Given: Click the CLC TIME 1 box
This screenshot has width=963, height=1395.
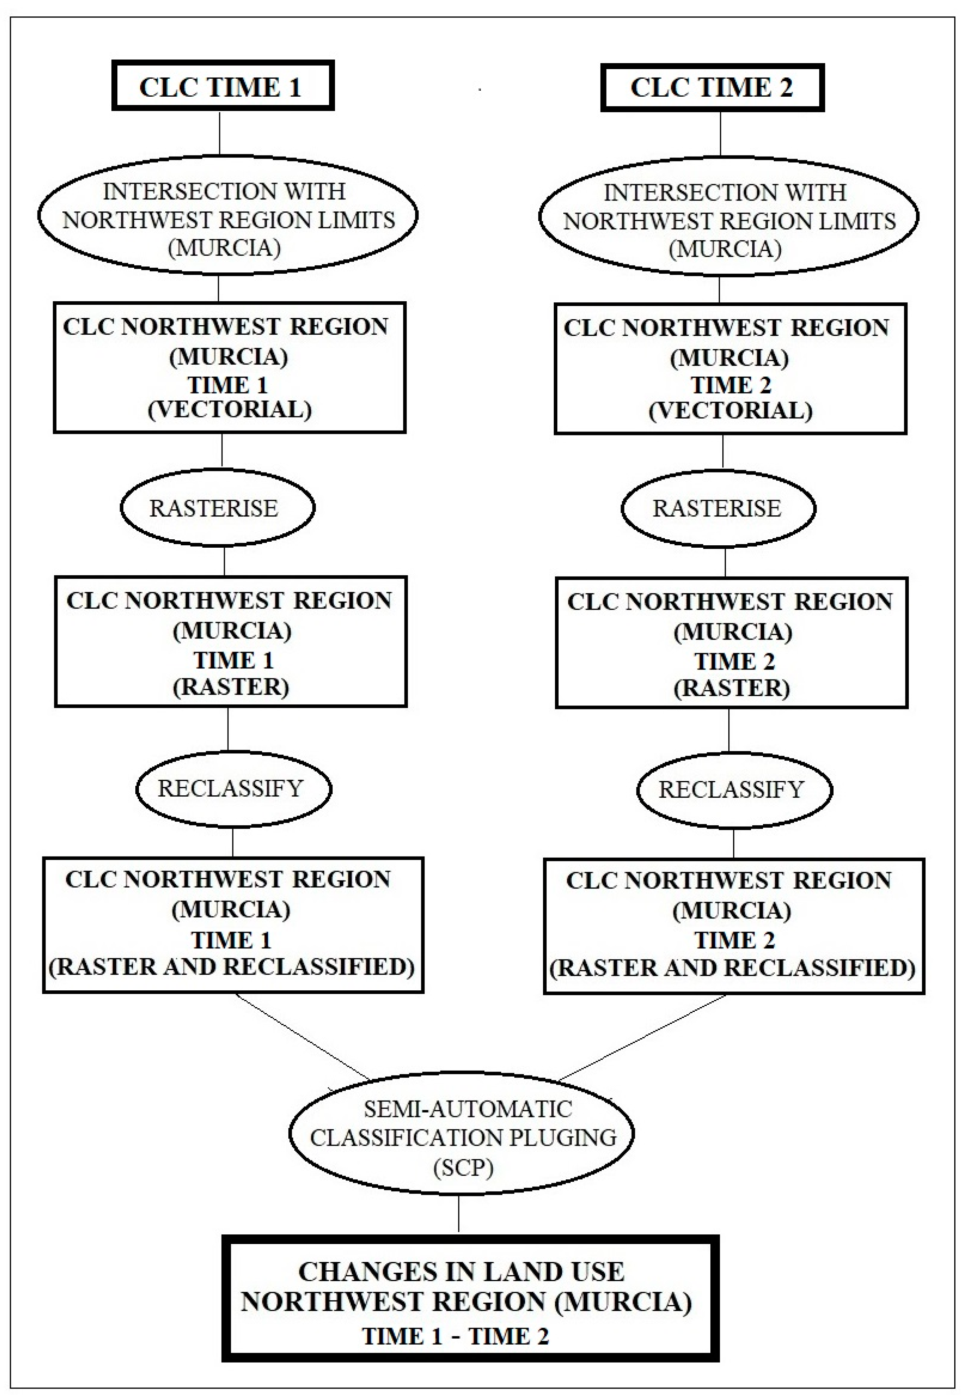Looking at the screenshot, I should pos(223,86).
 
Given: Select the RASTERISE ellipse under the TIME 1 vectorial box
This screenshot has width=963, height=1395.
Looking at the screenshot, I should pos(217,508).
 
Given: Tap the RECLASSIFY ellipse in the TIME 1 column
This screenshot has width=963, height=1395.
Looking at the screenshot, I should pos(233,788).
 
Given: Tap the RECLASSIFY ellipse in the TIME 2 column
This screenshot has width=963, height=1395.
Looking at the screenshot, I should pos(734,789).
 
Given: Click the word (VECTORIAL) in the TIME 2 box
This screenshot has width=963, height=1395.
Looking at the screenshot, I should pos(730,411).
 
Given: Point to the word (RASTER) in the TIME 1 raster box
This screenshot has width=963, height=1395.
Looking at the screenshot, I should pos(231,687).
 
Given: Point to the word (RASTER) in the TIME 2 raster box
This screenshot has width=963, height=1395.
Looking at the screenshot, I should pos(732,688).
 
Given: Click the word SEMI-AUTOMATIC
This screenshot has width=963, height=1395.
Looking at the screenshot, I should pos(468,1109).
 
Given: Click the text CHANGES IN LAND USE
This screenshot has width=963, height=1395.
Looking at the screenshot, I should pos(461,1272).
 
